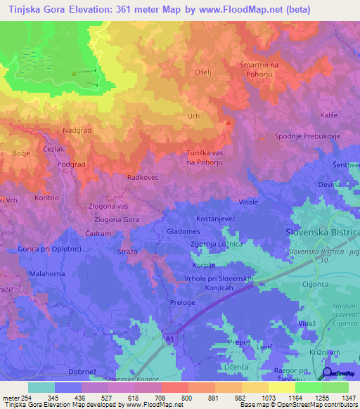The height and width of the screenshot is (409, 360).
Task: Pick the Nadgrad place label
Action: pyautogui.click(x=76, y=130)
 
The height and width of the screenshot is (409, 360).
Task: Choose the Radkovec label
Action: pyautogui.click(x=141, y=178)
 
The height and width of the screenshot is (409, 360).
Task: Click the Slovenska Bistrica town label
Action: pyautogui.click(x=323, y=232)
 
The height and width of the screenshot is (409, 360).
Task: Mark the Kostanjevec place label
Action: pyautogui.click(x=215, y=220)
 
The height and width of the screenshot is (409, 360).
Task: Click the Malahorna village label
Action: pyautogui.click(x=46, y=272)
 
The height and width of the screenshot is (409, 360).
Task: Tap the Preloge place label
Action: pyautogui.click(x=181, y=304)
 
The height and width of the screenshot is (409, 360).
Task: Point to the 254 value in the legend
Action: pyautogui.click(x=24, y=398)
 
